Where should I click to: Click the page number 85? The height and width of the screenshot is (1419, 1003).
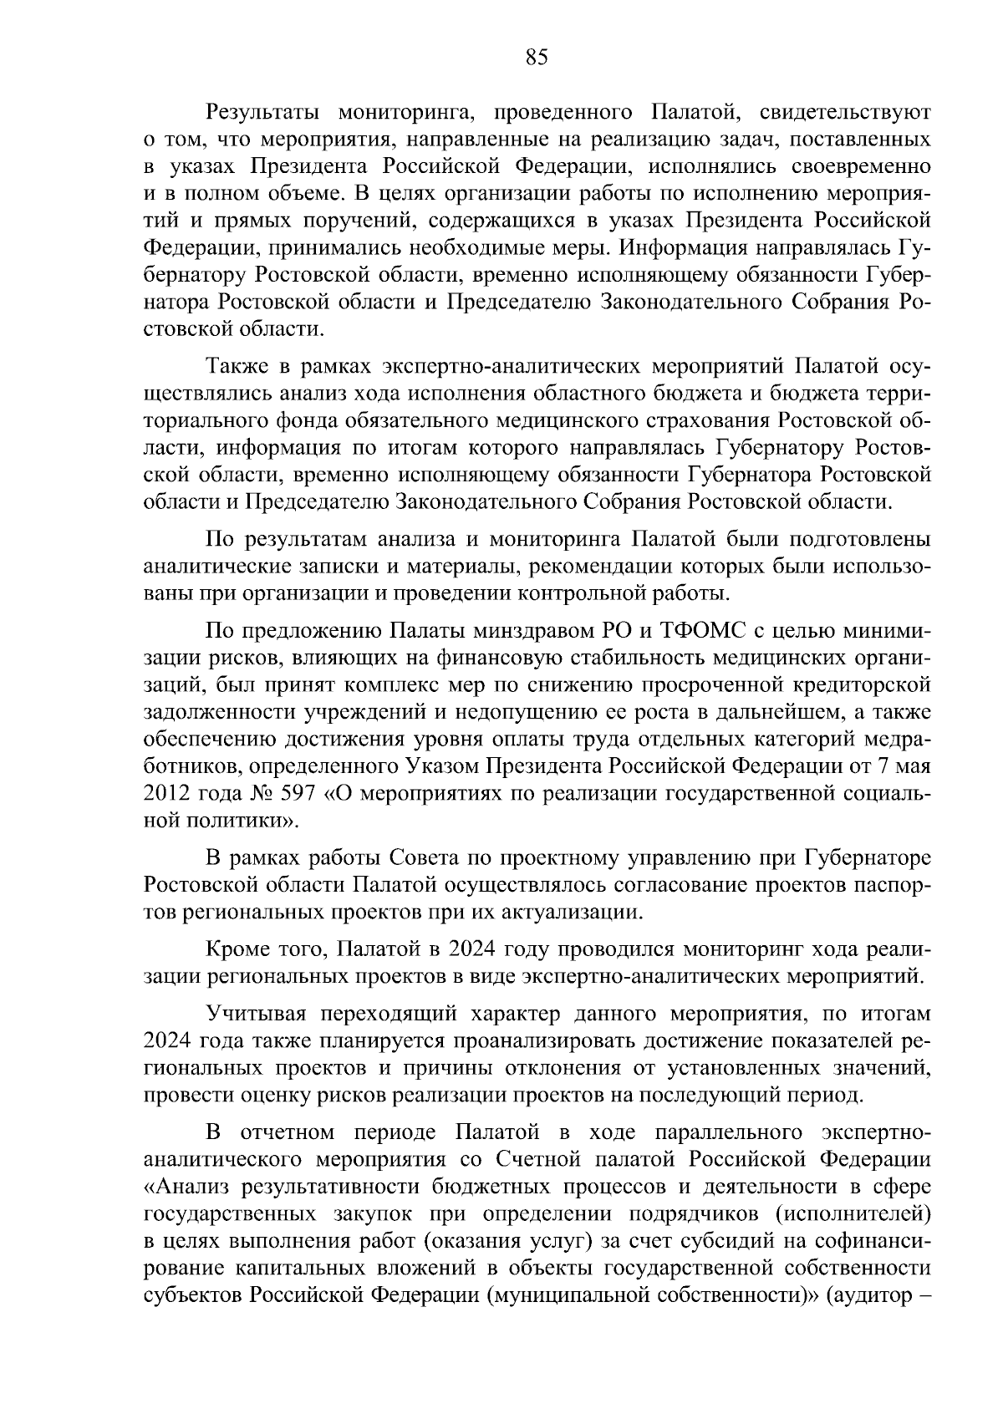[537, 58]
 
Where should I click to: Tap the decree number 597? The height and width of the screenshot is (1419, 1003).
[303, 792]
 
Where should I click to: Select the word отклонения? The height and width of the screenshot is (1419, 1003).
[627, 1067]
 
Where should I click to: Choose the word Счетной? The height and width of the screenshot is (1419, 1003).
[538, 1160]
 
